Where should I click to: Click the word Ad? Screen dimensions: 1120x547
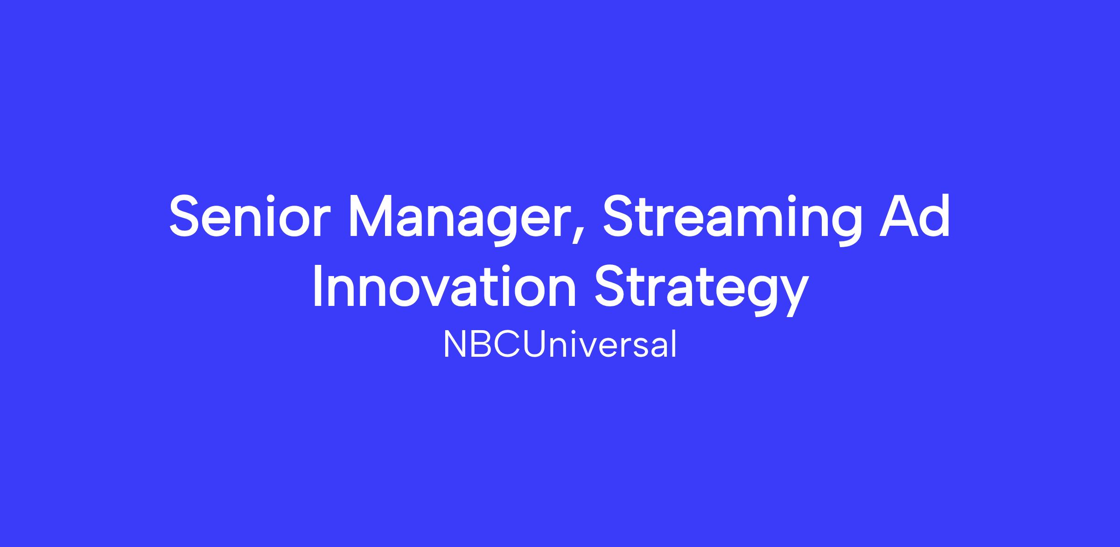[x=915, y=216]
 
